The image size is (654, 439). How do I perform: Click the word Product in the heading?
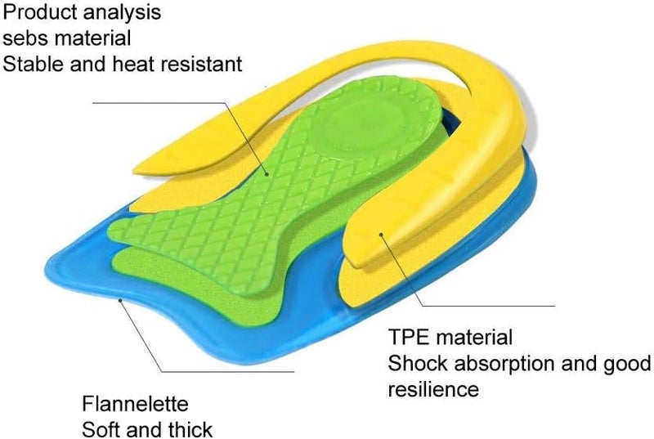pyautogui.click(x=39, y=11)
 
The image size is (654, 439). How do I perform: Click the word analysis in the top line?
pyautogui.click(x=122, y=12)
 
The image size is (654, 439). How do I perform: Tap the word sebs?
pyautogui.click(x=25, y=38)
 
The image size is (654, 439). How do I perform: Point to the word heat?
pyautogui.click(x=132, y=65)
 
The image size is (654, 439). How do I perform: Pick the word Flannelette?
pyautogui.click(x=135, y=404)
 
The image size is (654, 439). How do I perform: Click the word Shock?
pyautogui.click(x=418, y=363)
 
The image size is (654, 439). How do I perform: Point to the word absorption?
pyautogui.click(x=504, y=365)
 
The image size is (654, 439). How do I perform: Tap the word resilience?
pyautogui.click(x=433, y=389)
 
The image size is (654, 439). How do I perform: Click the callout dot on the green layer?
pyautogui.click(x=267, y=174)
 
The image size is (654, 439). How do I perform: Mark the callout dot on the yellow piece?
pyautogui.click(x=381, y=235)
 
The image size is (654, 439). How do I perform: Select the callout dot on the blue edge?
pyautogui.click(x=120, y=299)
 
